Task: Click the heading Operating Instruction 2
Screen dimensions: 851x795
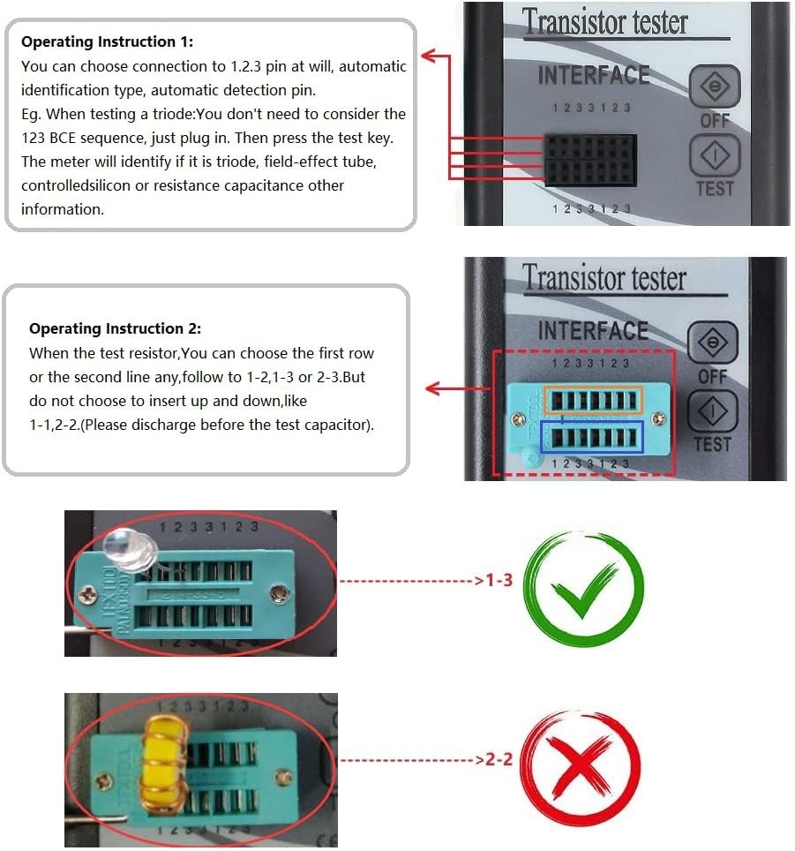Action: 115,328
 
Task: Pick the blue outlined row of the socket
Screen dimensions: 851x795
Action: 593,437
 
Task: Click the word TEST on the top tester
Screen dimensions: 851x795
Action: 714,189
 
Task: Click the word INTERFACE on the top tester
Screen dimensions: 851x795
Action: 593,76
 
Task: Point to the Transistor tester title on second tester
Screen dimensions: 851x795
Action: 604,279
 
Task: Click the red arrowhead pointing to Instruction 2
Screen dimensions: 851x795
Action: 432,388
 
